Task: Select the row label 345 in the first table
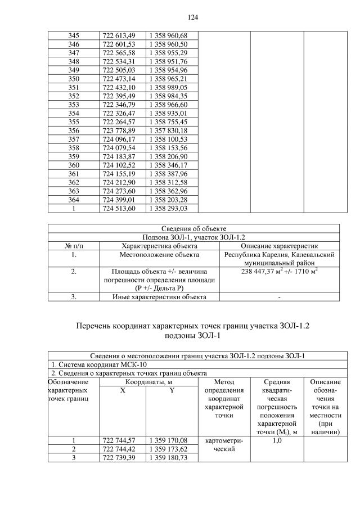pos(74,35)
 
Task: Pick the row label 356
pos(74,130)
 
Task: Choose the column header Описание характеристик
pos(279,246)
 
